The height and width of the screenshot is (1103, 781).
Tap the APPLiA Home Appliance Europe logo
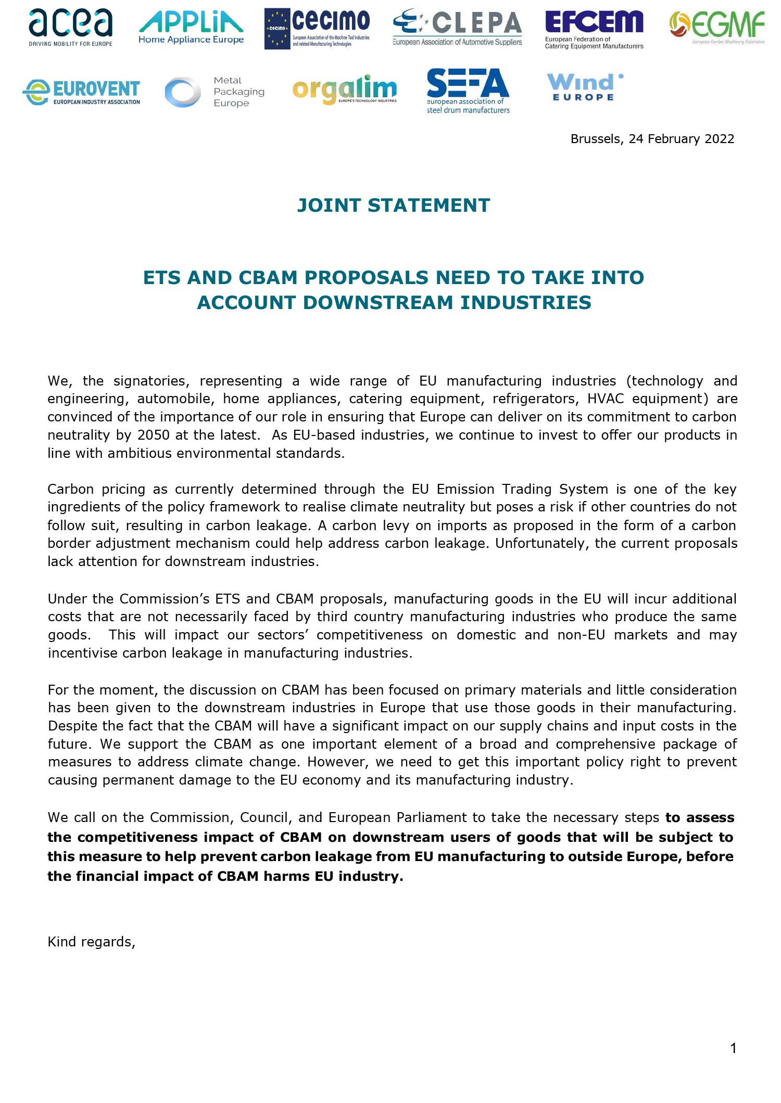click(x=191, y=28)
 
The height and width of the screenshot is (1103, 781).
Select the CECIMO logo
click(x=317, y=29)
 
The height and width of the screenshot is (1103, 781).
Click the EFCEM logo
click(x=594, y=29)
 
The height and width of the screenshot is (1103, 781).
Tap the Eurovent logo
click(x=82, y=92)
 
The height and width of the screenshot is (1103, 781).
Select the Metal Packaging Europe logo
click(x=215, y=92)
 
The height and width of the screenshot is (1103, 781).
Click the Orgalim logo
click(x=344, y=90)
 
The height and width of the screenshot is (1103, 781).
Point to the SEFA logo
click(x=468, y=91)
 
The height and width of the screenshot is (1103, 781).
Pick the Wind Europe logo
click(x=584, y=87)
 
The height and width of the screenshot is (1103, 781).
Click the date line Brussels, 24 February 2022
click(x=652, y=139)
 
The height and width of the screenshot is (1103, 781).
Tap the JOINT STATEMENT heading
click(x=393, y=205)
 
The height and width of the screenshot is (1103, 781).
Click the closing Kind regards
click(x=92, y=942)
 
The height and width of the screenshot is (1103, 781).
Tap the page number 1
click(x=733, y=1048)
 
